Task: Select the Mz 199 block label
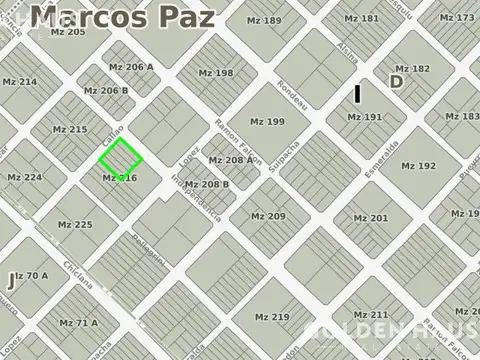(268, 122)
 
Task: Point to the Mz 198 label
(215, 73)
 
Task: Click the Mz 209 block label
(268, 217)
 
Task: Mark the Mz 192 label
(419, 166)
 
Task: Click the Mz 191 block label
(364, 117)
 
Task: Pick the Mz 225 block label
(76, 224)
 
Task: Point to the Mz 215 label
(70, 129)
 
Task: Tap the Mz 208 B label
(207, 184)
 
